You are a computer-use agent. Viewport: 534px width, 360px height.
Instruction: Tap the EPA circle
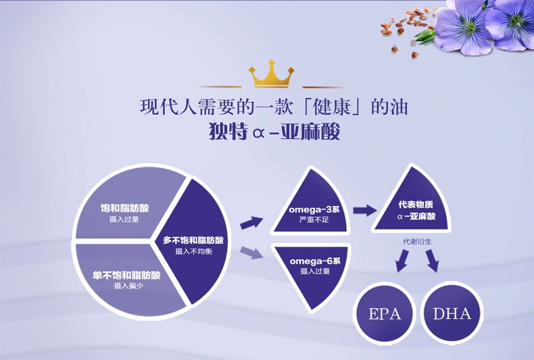click(x=385, y=313)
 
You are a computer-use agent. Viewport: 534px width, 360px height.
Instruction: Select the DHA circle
click(x=452, y=313)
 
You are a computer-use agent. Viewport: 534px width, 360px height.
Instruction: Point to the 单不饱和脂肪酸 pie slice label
click(x=126, y=275)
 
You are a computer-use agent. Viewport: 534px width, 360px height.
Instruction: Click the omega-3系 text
click(x=314, y=209)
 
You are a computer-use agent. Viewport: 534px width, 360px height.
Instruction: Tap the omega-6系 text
click(x=314, y=261)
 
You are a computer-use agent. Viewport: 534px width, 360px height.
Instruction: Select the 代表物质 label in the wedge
click(x=416, y=205)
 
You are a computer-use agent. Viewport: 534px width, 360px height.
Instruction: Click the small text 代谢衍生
click(x=416, y=240)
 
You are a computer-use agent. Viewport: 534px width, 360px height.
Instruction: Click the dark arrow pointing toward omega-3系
click(x=251, y=222)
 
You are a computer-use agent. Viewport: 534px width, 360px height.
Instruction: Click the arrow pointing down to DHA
click(x=431, y=261)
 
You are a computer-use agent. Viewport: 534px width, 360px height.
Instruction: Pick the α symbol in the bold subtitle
click(x=257, y=132)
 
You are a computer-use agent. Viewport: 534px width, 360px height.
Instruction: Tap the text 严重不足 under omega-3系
click(x=314, y=220)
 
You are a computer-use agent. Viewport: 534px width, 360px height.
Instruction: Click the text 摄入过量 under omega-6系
click(x=314, y=271)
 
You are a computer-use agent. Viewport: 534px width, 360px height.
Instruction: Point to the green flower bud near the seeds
click(x=424, y=34)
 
